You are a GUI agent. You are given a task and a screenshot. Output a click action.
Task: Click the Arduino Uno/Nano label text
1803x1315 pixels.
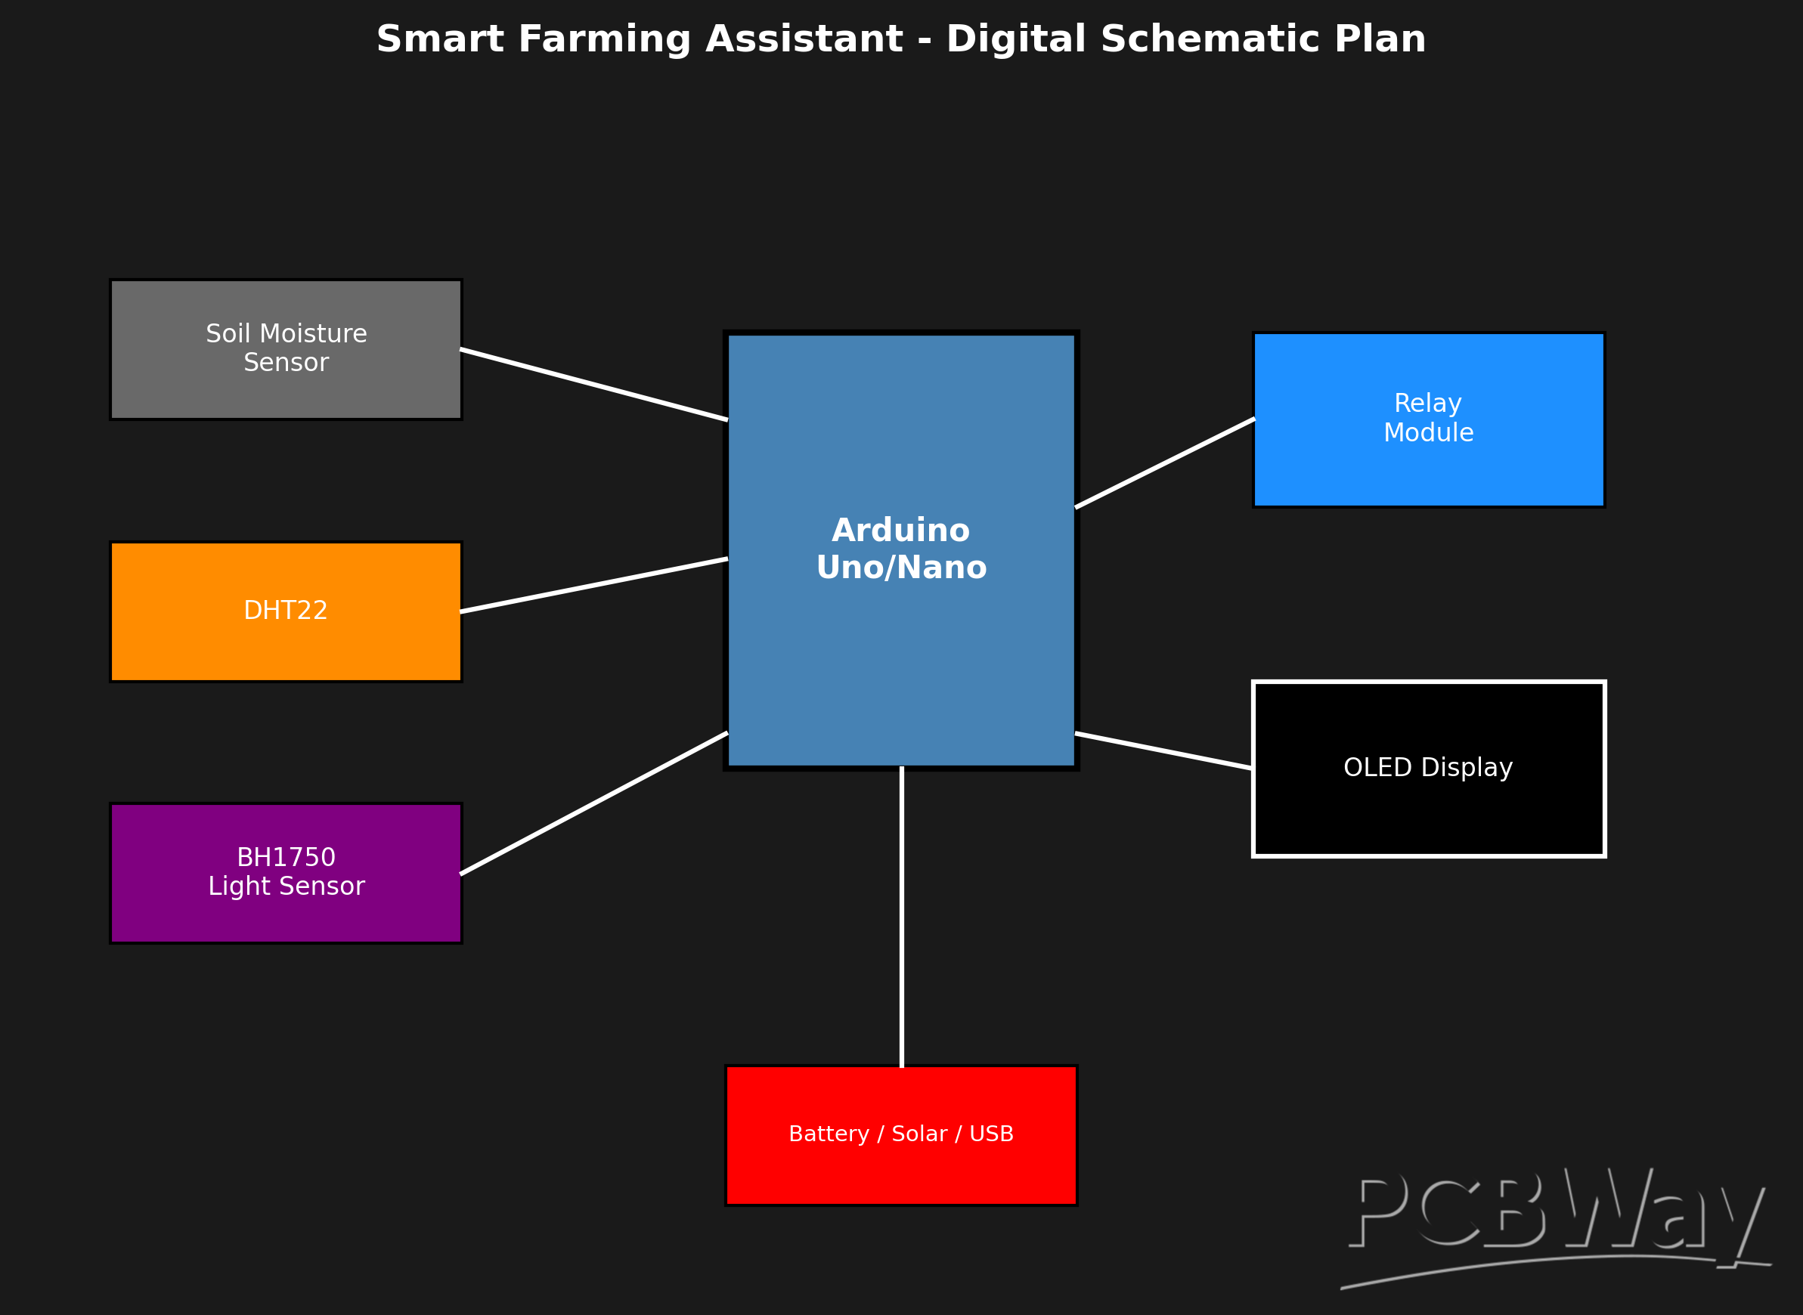tap(901, 549)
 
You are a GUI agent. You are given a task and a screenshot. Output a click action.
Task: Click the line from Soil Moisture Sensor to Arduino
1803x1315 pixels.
tap(594, 385)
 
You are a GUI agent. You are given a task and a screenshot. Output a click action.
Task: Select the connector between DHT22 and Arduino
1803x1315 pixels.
tap(594, 585)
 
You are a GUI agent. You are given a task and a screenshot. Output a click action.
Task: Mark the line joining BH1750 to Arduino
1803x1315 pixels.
tap(594, 803)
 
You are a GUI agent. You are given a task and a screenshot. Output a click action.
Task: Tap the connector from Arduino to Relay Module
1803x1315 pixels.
tap(1165, 463)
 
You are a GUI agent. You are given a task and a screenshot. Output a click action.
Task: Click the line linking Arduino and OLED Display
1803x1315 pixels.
tap(1163, 750)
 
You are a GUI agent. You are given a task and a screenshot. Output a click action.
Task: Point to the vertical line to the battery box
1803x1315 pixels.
tap(901, 915)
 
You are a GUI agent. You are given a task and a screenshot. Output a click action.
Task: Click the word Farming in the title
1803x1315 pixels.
tap(603, 40)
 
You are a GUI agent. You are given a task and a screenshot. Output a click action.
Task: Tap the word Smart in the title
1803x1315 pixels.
tap(440, 40)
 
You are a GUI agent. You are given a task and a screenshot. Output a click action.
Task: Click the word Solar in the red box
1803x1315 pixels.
tap(919, 1134)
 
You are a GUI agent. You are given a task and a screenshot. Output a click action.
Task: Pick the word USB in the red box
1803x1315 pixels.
tap(991, 1134)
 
